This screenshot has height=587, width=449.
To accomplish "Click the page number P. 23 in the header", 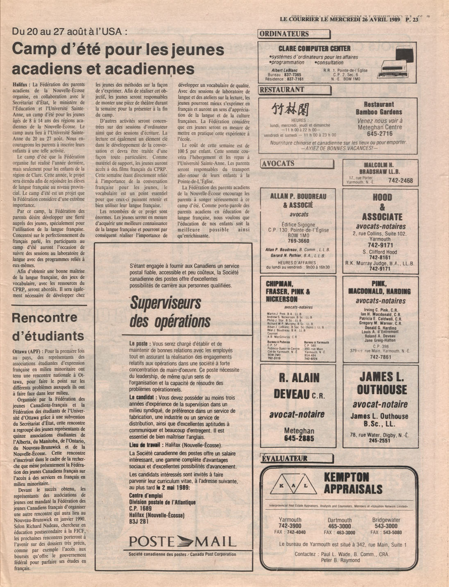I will [412, 19].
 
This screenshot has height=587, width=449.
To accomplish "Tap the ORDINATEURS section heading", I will [284, 34].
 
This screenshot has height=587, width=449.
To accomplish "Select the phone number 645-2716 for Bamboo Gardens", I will [379, 134].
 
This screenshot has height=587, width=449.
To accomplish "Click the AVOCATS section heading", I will [279, 163].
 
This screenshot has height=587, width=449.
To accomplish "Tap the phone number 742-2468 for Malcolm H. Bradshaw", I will [400, 181].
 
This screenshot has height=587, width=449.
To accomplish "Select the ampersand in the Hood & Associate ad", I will [382, 207].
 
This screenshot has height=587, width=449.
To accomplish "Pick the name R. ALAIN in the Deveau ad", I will [299, 377].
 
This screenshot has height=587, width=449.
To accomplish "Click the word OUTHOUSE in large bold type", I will [381, 389].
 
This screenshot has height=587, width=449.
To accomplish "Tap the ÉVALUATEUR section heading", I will [285, 458].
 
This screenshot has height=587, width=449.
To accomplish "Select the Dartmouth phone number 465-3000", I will [339, 526].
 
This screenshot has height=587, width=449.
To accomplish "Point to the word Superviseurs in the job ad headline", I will [166, 304].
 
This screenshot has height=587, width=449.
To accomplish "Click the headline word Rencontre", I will [45, 318].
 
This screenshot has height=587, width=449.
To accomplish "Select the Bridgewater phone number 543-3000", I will [386, 526].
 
